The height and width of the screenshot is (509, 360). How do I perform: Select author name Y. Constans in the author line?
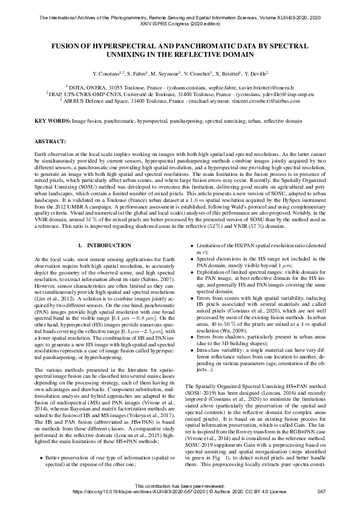pos(106,73)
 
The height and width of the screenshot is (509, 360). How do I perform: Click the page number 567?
pos(322,491)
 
